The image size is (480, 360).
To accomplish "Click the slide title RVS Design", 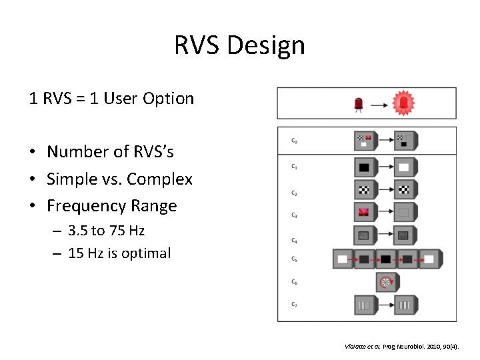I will [x=239, y=45].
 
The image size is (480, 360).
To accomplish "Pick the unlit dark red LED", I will [x=359, y=103].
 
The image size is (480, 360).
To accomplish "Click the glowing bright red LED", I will [x=403, y=103].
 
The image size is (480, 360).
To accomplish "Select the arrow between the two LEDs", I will [x=380, y=104].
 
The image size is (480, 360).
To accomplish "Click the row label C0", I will [x=294, y=141].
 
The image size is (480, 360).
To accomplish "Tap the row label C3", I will [x=294, y=215].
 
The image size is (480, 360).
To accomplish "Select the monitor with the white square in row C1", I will [x=405, y=166].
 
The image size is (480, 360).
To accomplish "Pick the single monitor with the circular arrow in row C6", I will [x=385, y=283].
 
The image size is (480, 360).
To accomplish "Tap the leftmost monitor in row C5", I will [x=344, y=259].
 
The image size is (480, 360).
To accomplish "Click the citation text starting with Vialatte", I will [x=407, y=347].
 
